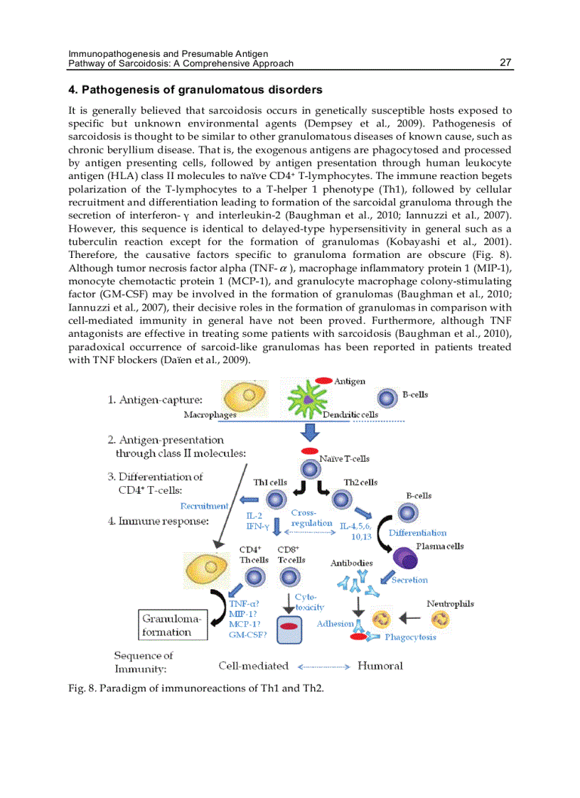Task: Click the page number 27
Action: (x=505, y=63)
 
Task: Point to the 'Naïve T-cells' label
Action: (x=345, y=459)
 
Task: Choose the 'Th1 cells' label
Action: (x=270, y=482)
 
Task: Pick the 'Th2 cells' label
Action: (x=360, y=482)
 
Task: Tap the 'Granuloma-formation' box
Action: (x=173, y=625)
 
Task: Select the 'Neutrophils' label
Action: (x=450, y=604)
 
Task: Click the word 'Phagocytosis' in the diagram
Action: (x=410, y=637)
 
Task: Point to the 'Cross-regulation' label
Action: (x=311, y=518)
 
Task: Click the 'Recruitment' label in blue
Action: (x=204, y=506)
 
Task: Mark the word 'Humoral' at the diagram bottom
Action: (x=380, y=666)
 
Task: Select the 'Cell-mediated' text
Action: (x=253, y=666)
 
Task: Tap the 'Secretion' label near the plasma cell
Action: (x=409, y=580)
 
